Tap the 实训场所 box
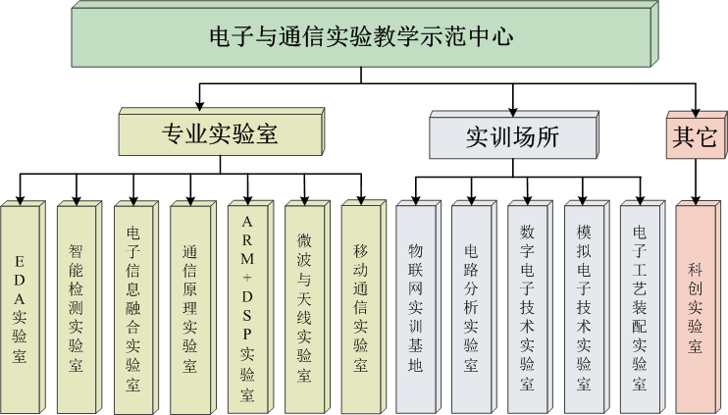click(512, 135)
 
